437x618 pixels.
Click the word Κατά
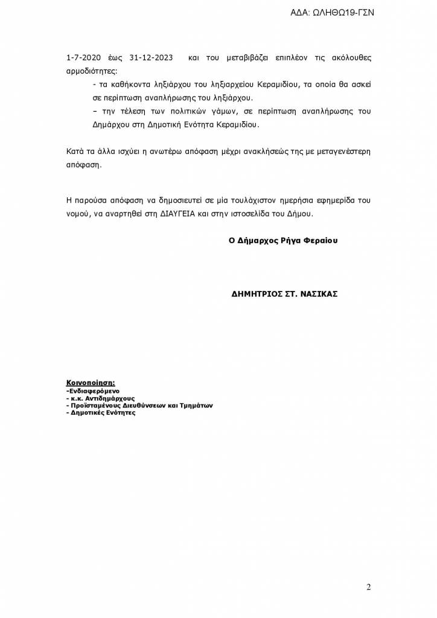(x=74, y=150)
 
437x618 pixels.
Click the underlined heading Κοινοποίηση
(x=91, y=383)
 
